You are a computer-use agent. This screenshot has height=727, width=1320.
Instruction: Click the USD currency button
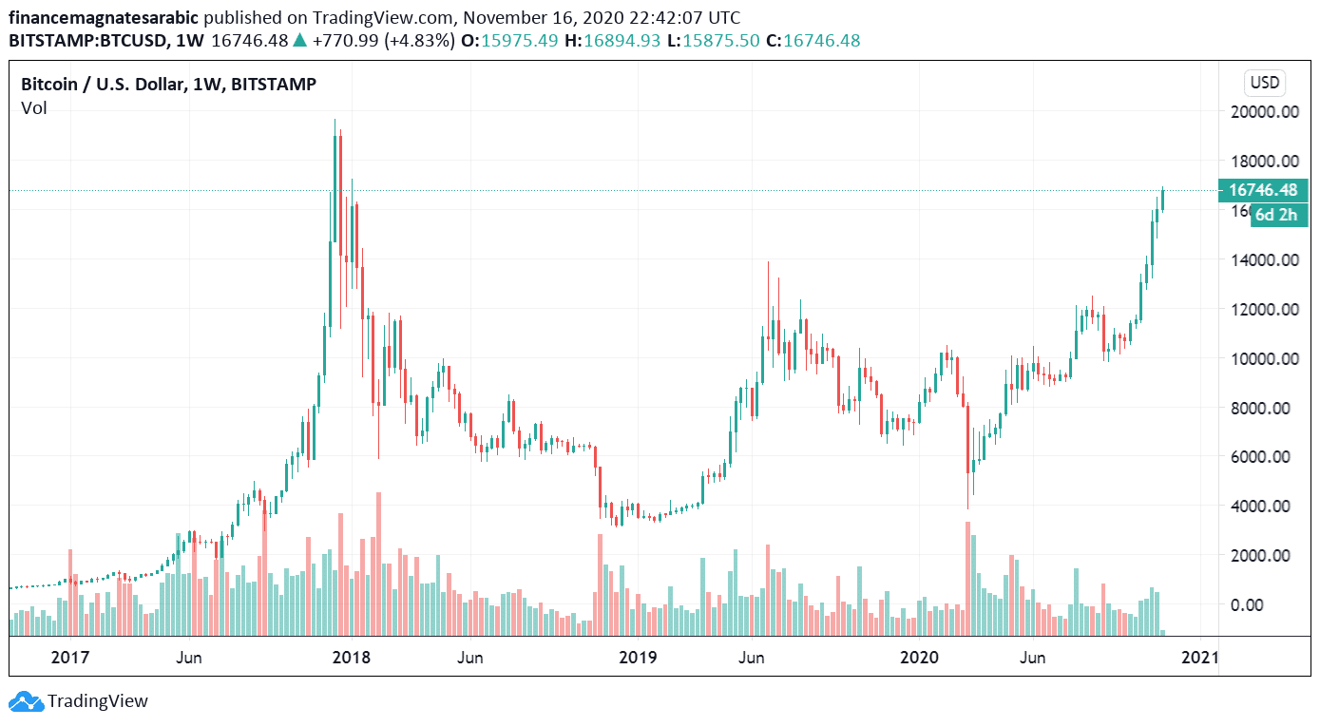(x=1264, y=83)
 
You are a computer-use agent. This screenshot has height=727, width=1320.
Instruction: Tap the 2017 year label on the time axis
(x=69, y=658)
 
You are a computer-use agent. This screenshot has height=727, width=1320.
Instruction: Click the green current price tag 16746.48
(x=1263, y=190)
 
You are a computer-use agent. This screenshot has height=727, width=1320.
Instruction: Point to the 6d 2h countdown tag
(x=1275, y=215)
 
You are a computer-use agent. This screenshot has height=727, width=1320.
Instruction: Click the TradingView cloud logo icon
(x=26, y=702)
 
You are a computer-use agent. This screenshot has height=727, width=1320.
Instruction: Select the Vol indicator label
(x=33, y=108)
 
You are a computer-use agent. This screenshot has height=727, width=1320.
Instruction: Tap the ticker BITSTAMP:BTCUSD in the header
(x=88, y=40)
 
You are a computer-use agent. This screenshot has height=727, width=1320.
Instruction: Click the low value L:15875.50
(x=718, y=40)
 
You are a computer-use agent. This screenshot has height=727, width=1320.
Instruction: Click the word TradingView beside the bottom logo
(x=98, y=702)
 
